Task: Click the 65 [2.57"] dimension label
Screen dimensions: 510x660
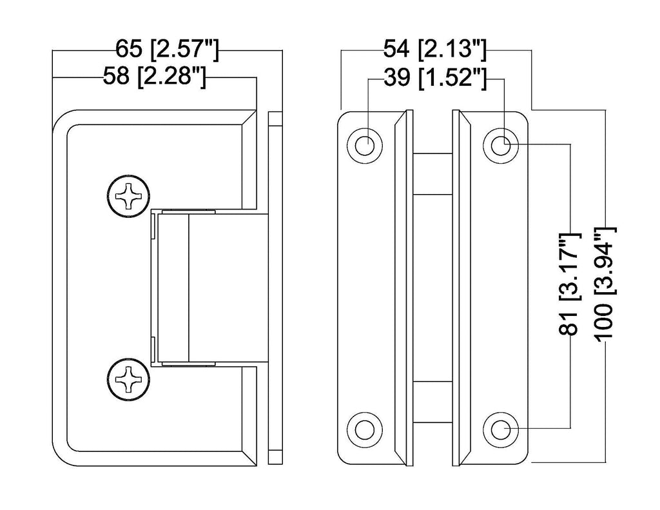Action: click(x=168, y=50)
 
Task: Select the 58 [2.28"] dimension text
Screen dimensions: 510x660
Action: click(x=155, y=77)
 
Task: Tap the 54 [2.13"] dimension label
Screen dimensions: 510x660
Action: click(x=434, y=50)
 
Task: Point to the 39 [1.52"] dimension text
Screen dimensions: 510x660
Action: click(x=434, y=78)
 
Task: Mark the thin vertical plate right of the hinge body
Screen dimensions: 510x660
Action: click(x=275, y=287)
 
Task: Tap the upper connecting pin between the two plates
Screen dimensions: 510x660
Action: click(x=432, y=174)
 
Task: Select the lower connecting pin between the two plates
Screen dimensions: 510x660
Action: click(x=432, y=403)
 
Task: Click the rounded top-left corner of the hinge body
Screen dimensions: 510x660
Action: click(x=64, y=123)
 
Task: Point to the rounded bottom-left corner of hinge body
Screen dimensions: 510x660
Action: click(x=64, y=451)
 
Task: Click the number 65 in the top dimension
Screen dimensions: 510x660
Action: click(x=127, y=50)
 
